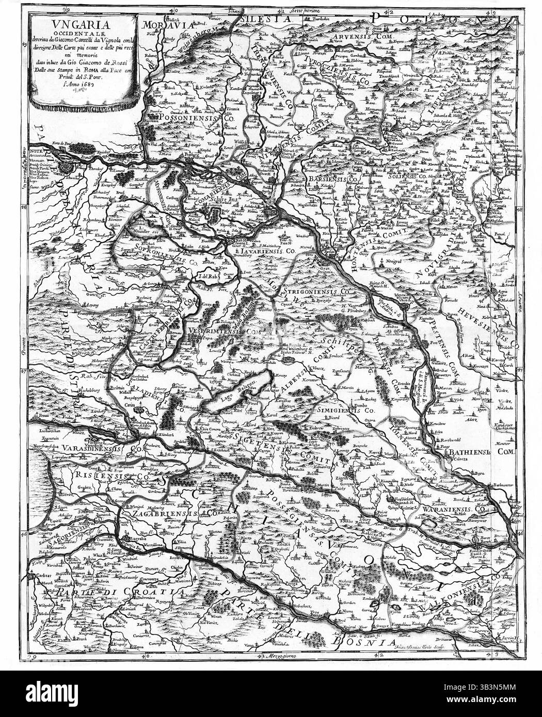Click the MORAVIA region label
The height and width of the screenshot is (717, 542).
pyautogui.click(x=166, y=24)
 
